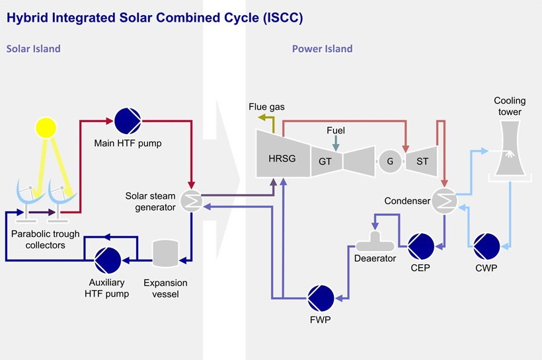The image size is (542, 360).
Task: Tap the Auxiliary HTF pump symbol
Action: [106, 260]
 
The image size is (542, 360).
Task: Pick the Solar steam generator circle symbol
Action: [190, 202]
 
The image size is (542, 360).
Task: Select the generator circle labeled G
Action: [389, 161]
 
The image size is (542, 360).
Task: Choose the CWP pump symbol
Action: [487, 246]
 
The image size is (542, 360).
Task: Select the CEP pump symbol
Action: [420, 246]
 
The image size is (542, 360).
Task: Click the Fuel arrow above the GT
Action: [336, 143]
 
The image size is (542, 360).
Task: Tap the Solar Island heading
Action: [34, 49]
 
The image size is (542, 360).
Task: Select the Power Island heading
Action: [322, 49]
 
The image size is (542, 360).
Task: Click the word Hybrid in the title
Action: [27, 18]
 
